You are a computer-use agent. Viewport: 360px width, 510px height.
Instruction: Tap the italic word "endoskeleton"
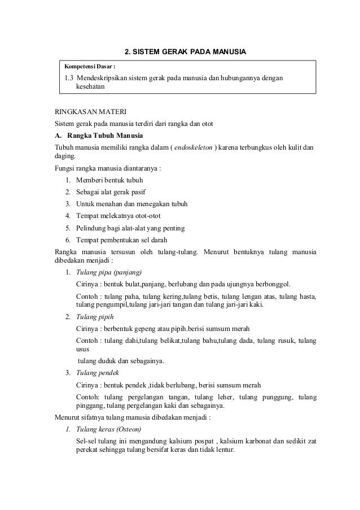[x=194, y=147]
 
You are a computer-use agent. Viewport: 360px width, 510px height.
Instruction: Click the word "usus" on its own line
[x=83, y=350]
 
